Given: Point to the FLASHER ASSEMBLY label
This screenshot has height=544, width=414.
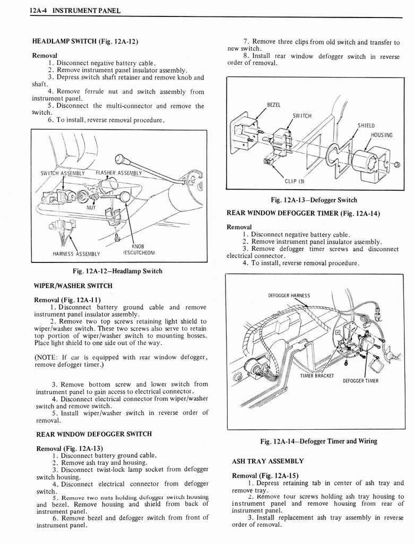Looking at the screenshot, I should (x=119, y=173).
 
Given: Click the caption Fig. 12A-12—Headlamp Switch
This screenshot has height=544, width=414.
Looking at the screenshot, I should (x=117, y=271).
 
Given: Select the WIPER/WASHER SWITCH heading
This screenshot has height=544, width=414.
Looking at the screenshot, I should (x=73, y=285).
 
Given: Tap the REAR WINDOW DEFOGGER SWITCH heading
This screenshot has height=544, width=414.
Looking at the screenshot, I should (x=93, y=434).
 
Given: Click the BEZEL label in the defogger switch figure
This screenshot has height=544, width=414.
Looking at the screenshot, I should (x=273, y=105).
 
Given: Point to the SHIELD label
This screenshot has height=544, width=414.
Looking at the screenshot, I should (x=366, y=126).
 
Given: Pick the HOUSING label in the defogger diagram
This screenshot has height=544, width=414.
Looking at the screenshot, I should (x=382, y=135).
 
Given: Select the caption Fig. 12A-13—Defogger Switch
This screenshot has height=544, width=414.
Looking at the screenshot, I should (x=314, y=200).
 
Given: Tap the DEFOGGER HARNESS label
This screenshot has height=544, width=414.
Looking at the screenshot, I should (x=289, y=296).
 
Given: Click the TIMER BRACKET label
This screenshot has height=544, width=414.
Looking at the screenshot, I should (x=317, y=376).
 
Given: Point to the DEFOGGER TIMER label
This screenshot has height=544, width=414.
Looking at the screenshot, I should (x=360, y=381).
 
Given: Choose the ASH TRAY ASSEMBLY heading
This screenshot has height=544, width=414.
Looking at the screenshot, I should (x=268, y=461).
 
